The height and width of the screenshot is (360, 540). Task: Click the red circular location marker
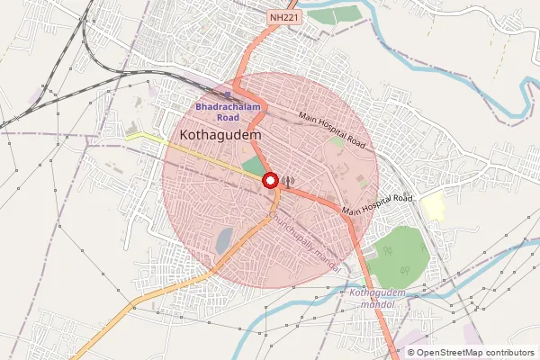[x=270, y=181]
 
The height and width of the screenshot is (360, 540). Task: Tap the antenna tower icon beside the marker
[x=287, y=181]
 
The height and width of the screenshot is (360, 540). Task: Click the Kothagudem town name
[x=220, y=134]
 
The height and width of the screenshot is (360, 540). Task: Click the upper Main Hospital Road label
[x=333, y=130]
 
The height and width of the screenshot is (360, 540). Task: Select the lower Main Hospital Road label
[x=375, y=203]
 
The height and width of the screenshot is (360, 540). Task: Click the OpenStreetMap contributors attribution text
[x=469, y=352]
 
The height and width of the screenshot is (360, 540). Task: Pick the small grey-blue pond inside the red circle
[x=222, y=240]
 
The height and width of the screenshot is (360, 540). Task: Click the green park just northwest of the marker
[x=256, y=166]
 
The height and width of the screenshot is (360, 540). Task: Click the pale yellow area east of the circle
[x=433, y=205]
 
